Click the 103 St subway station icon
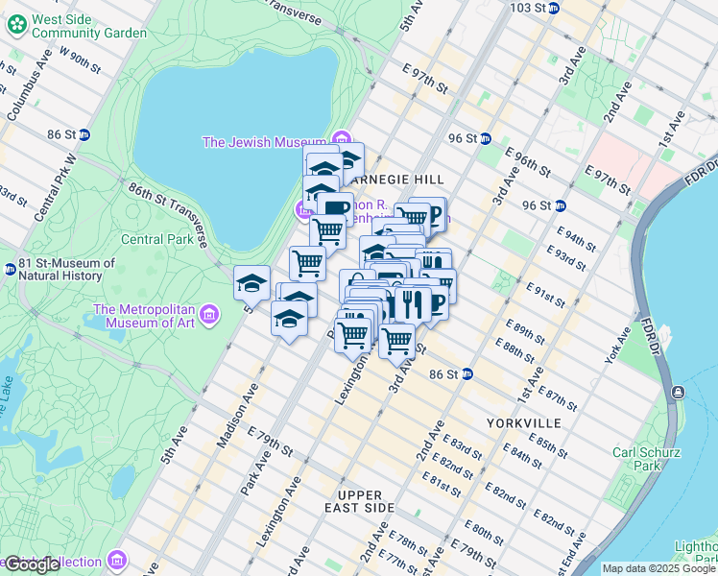click(567, 8)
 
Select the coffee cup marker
click(336, 208)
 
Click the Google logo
click(32, 564)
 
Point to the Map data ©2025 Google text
click(658, 568)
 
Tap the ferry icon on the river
click(679, 392)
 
